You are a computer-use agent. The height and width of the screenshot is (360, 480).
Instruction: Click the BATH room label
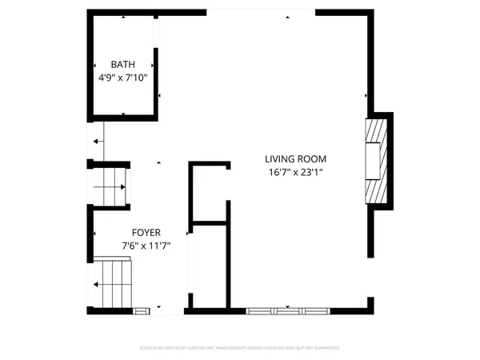point(123,65)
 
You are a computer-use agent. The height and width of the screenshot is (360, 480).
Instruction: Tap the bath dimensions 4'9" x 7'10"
point(123,78)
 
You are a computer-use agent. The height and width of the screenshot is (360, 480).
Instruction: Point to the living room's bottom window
point(289,308)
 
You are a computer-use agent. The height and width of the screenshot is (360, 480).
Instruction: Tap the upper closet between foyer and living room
point(209,192)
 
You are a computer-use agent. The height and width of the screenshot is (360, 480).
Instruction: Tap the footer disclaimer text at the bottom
point(240,348)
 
